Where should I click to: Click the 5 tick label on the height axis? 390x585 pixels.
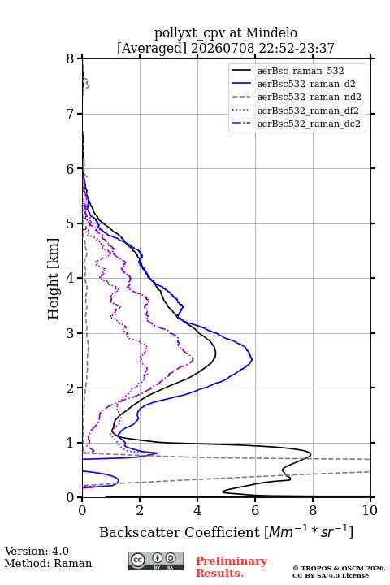point(70,223)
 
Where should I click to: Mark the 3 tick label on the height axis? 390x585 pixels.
point(70,333)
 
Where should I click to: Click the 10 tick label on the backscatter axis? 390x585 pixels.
point(370,510)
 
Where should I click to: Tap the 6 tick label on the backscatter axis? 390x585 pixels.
point(255,510)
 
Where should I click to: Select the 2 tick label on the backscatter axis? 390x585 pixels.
point(140,510)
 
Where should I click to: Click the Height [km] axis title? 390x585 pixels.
point(54,279)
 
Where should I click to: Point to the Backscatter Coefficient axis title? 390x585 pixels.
point(226,532)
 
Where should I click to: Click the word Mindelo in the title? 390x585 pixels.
point(271,32)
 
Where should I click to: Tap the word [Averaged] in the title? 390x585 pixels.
point(152,48)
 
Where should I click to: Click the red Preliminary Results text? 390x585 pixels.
point(232,567)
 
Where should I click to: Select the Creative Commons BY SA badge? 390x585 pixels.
point(156,561)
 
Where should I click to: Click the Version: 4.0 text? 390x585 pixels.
point(37,551)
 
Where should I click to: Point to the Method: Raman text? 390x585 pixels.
point(48,563)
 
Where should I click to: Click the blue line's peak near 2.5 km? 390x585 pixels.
point(253,360)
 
